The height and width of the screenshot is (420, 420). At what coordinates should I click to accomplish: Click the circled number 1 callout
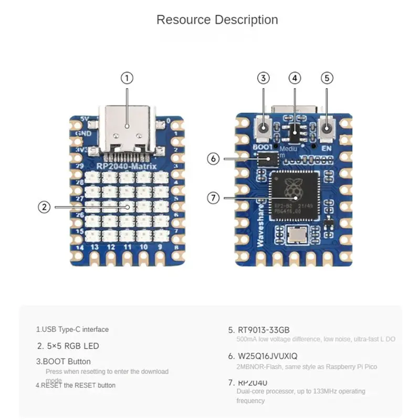[127, 78]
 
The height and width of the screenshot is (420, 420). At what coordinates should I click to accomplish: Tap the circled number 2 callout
[45, 207]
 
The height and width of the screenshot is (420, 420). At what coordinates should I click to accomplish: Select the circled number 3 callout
[264, 78]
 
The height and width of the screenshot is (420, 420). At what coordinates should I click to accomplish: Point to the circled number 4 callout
[295, 78]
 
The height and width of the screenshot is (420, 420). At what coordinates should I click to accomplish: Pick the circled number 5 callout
[327, 78]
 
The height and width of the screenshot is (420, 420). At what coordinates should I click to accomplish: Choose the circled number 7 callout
[213, 198]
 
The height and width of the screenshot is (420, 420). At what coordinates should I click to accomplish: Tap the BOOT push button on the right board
[264, 128]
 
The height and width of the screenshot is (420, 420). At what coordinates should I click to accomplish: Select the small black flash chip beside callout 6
[269, 159]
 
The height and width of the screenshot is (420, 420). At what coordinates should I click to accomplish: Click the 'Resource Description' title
[217, 20]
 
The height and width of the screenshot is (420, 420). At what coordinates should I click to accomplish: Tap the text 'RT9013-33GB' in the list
[264, 330]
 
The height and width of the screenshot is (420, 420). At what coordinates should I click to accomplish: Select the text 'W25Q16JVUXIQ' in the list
[268, 356]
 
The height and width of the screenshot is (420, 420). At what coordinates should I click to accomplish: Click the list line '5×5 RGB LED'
[68, 346]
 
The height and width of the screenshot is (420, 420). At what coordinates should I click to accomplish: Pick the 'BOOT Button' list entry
[64, 361]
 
